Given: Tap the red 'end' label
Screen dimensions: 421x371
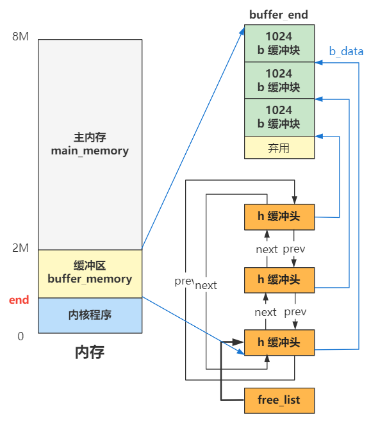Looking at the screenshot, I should pyautogui.click(x=19, y=300).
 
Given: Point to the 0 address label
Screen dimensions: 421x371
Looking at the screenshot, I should pyautogui.click(x=21, y=336).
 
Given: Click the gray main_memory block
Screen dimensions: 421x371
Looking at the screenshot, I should pyautogui.click(x=90, y=144).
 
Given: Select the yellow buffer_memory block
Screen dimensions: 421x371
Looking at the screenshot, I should pyautogui.click(x=90, y=274).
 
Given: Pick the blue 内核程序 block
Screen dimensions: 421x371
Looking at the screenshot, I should pyautogui.click(x=90, y=315).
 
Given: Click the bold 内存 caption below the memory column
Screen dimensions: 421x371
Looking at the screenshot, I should pyautogui.click(x=90, y=352).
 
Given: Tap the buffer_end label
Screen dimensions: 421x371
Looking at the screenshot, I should pyautogui.click(x=279, y=15).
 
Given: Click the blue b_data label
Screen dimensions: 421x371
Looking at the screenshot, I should pyautogui.click(x=346, y=51).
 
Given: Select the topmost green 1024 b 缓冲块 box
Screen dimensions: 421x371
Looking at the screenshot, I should pyautogui.click(x=279, y=44).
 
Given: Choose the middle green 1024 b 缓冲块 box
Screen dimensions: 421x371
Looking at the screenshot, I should pyautogui.click(x=279, y=81).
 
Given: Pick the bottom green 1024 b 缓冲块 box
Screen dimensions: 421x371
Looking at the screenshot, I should pyautogui.click(x=279, y=117).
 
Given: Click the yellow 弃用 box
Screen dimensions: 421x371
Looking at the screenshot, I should pyautogui.click(x=279, y=148).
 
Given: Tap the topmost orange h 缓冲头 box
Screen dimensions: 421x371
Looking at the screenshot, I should pyautogui.click(x=279, y=217).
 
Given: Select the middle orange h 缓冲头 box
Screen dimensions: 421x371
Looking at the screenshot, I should pyautogui.click(x=279, y=279).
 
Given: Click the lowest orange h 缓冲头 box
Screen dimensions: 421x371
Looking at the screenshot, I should pyautogui.click(x=279, y=342).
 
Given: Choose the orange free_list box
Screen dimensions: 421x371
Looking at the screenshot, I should pyautogui.click(x=279, y=400).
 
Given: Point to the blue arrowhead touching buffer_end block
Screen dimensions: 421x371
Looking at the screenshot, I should pyautogui.click(x=246, y=28).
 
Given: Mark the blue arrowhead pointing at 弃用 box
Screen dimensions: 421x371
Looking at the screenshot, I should pyautogui.click(x=318, y=136).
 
